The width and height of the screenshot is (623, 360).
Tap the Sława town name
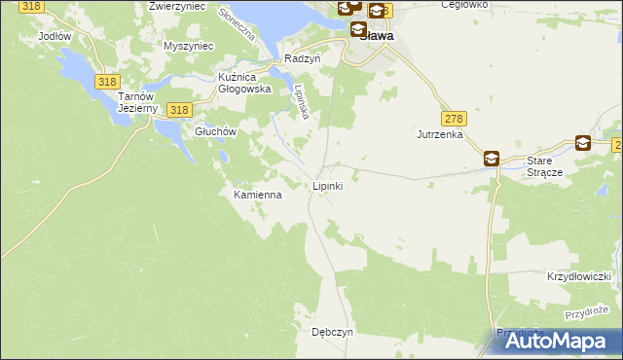(x=376, y=35)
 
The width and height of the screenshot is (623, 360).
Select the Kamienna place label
(x=257, y=195)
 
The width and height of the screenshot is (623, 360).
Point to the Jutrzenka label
(x=439, y=134)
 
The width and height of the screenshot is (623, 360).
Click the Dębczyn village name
(x=332, y=332)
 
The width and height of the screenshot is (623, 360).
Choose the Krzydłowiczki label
(x=578, y=276)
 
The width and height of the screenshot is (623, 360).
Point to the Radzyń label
(x=302, y=58)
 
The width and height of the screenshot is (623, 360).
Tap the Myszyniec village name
(x=188, y=47)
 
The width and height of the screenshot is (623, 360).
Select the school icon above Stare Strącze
(x=582, y=143)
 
